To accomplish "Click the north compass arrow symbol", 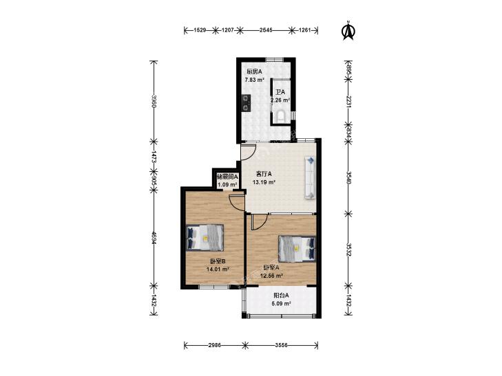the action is [348, 31].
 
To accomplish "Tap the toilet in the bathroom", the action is [281, 116].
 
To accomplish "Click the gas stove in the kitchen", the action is [246, 103].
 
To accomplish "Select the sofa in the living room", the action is [311, 177].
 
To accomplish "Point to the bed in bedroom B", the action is [205, 237].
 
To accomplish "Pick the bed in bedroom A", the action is [297, 249].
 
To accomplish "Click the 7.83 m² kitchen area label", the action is [255, 80].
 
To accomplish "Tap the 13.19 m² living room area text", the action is [264, 182].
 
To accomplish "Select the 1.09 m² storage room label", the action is [227, 185].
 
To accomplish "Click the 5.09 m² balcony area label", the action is [282, 304].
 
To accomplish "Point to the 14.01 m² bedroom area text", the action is [218, 269].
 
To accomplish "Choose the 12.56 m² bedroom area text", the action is [271, 276].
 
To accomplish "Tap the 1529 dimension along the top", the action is [200, 30].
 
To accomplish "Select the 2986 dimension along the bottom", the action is [214, 345].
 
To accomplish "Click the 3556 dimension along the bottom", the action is [282, 345].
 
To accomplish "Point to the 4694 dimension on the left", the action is [154, 238].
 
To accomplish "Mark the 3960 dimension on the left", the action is [154, 101].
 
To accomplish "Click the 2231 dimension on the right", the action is [348, 101].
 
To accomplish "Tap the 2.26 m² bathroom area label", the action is [280, 100].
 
